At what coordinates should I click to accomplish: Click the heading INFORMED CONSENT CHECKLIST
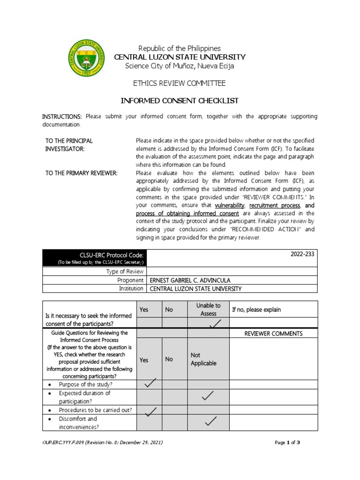[x=180, y=101]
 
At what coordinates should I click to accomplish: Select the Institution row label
[x=131, y=289]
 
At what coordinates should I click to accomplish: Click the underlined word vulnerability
[x=230, y=205]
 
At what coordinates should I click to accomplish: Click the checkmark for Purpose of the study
[x=149, y=384]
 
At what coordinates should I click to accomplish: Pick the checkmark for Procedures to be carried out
[x=149, y=412]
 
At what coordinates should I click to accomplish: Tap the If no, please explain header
[x=256, y=309]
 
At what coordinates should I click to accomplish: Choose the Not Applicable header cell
[x=203, y=360]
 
